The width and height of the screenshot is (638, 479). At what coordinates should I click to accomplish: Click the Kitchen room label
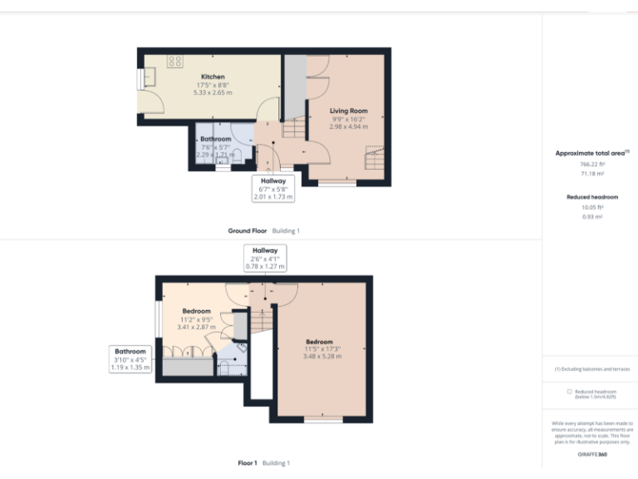pyautogui.click(x=213, y=77)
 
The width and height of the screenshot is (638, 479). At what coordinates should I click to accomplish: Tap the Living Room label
pyautogui.click(x=348, y=111)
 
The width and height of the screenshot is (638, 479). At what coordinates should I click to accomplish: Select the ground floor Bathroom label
pyautogui.click(x=215, y=139)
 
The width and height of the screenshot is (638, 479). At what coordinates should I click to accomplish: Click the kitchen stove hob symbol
pyautogui.click(x=175, y=61)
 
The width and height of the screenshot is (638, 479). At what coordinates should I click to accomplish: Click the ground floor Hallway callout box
pyautogui.click(x=273, y=188)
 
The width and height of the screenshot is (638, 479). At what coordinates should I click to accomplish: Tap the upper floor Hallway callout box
pyautogui.click(x=264, y=257)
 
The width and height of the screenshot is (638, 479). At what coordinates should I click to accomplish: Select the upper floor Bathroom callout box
pyautogui.click(x=130, y=358)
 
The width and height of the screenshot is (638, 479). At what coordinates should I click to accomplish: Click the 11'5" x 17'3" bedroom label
pyautogui.click(x=319, y=342)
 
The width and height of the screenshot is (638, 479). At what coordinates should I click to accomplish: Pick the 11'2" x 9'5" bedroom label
pyautogui.click(x=197, y=311)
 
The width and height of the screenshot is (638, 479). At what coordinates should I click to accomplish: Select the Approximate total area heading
pyautogui.click(x=591, y=153)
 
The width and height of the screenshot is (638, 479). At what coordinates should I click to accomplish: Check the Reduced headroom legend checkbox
pyautogui.click(x=569, y=391)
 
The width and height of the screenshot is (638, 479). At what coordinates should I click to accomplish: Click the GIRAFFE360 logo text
pyautogui.click(x=592, y=455)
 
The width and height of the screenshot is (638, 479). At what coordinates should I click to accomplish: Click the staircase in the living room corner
pyautogui.click(x=375, y=158)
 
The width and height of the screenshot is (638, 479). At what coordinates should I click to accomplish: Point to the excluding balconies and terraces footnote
pyautogui.click(x=592, y=368)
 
